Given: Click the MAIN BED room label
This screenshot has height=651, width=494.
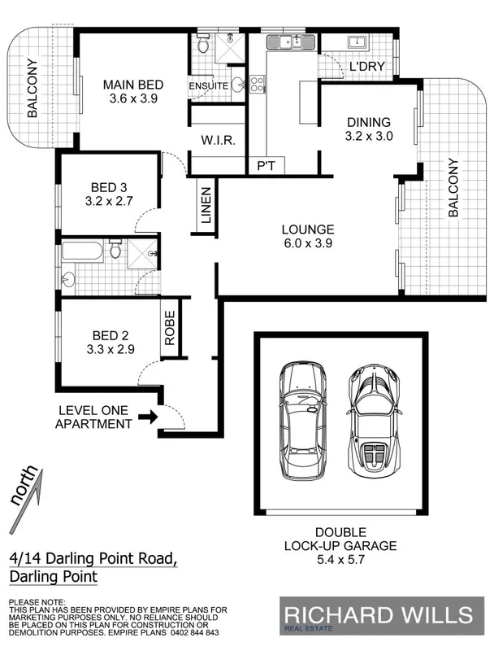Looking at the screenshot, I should point(132,85).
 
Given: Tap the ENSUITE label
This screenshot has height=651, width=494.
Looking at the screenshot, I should point(207,85).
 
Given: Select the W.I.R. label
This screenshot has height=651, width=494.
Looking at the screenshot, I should point(218,140).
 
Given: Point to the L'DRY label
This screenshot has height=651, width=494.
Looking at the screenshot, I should point(366,67).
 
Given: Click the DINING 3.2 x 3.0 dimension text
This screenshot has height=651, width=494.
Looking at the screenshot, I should point(368,137).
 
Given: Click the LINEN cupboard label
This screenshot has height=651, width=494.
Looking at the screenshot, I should point(206,207).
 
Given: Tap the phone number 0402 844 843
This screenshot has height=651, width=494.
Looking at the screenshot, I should point(195,633).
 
